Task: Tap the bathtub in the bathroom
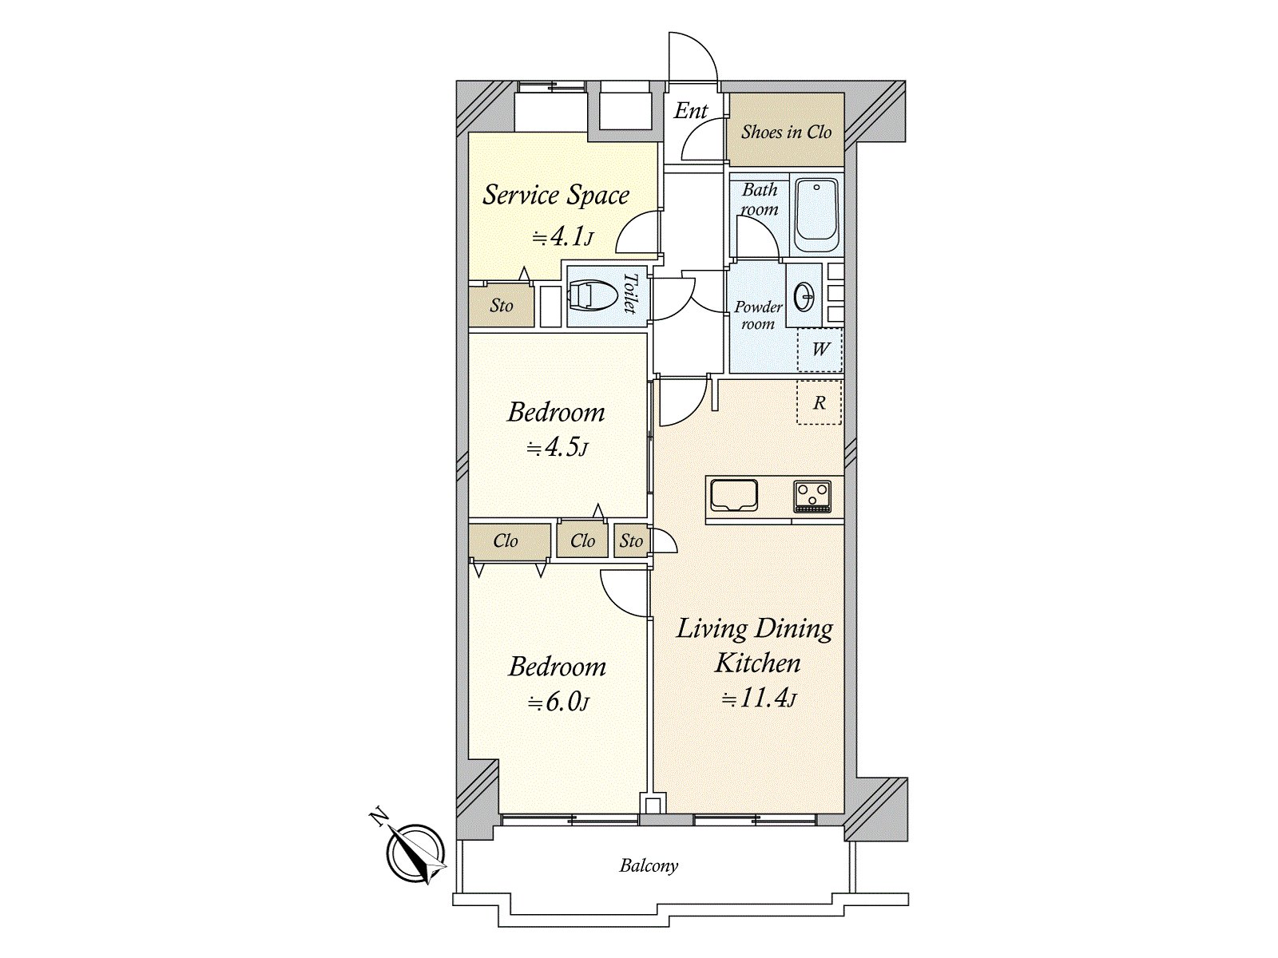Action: [816, 216]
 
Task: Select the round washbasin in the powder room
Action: [804, 297]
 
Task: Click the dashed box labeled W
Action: [820, 350]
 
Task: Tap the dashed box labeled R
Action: [819, 402]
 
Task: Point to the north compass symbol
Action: [415, 852]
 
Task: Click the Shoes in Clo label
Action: [786, 132]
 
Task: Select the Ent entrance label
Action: [691, 110]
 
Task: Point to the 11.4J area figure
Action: [759, 698]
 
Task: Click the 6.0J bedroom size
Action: [558, 703]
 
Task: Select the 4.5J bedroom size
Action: [558, 448]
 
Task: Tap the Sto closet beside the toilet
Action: [502, 306]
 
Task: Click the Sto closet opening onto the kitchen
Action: [631, 541]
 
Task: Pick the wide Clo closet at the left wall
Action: [506, 541]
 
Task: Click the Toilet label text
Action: [630, 293]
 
